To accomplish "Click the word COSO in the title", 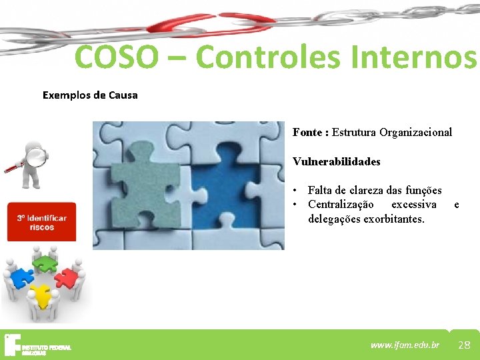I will point(117,57).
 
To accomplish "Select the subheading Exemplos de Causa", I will point(90,95).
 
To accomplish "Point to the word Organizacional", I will point(416,132).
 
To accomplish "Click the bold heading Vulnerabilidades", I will point(336,161).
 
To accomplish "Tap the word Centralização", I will point(341,204).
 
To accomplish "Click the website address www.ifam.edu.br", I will point(405,345).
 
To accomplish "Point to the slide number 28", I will point(464,345).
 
